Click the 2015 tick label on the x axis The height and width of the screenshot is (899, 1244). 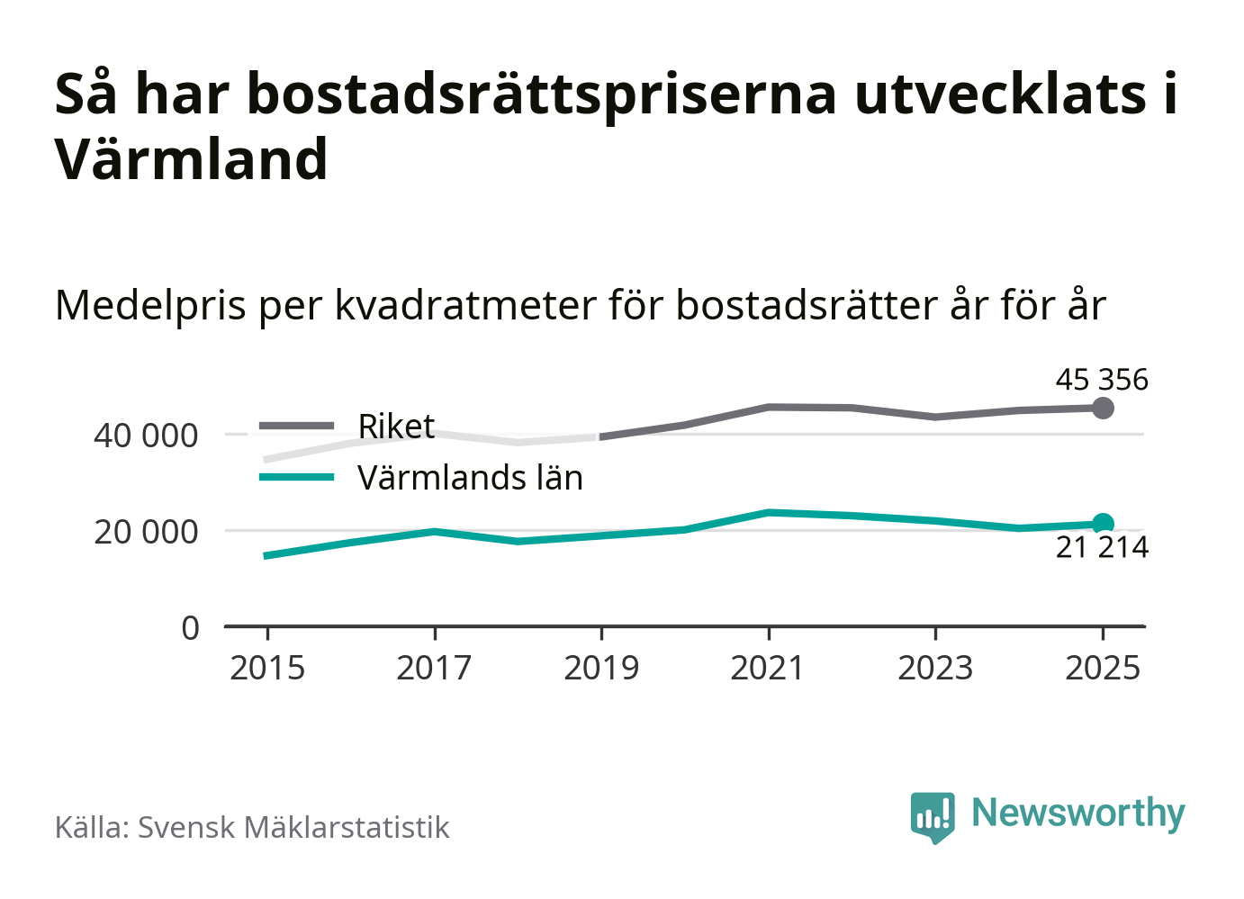[267, 668]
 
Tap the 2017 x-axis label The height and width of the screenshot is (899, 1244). [434, 668]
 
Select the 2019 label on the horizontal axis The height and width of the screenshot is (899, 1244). [601, 668]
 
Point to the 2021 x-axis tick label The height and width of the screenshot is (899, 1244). [768, 668]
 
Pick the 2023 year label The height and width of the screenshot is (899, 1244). [935, 668]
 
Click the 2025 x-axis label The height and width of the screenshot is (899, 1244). [1103, 668]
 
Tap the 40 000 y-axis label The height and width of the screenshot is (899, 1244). [146, 436]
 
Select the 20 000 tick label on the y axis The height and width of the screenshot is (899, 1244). [146, 532]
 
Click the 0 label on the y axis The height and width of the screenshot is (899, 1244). [190, 627]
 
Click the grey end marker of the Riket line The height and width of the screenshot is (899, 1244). [1103, 408]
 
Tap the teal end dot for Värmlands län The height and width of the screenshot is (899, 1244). [1103, 524]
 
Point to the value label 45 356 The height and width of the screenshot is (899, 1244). [1102, 380]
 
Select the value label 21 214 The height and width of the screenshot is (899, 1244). [1102, 547]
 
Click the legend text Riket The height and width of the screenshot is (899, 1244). [396, 426]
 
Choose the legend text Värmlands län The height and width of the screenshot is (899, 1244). [470, 478]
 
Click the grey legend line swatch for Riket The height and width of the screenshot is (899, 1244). [296, 426]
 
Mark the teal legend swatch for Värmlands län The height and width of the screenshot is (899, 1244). [296, 477]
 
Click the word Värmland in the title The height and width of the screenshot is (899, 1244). [192, 159]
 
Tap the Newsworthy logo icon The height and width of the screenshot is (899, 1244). [932, 816]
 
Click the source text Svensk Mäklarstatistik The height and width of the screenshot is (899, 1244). [293, 827]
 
